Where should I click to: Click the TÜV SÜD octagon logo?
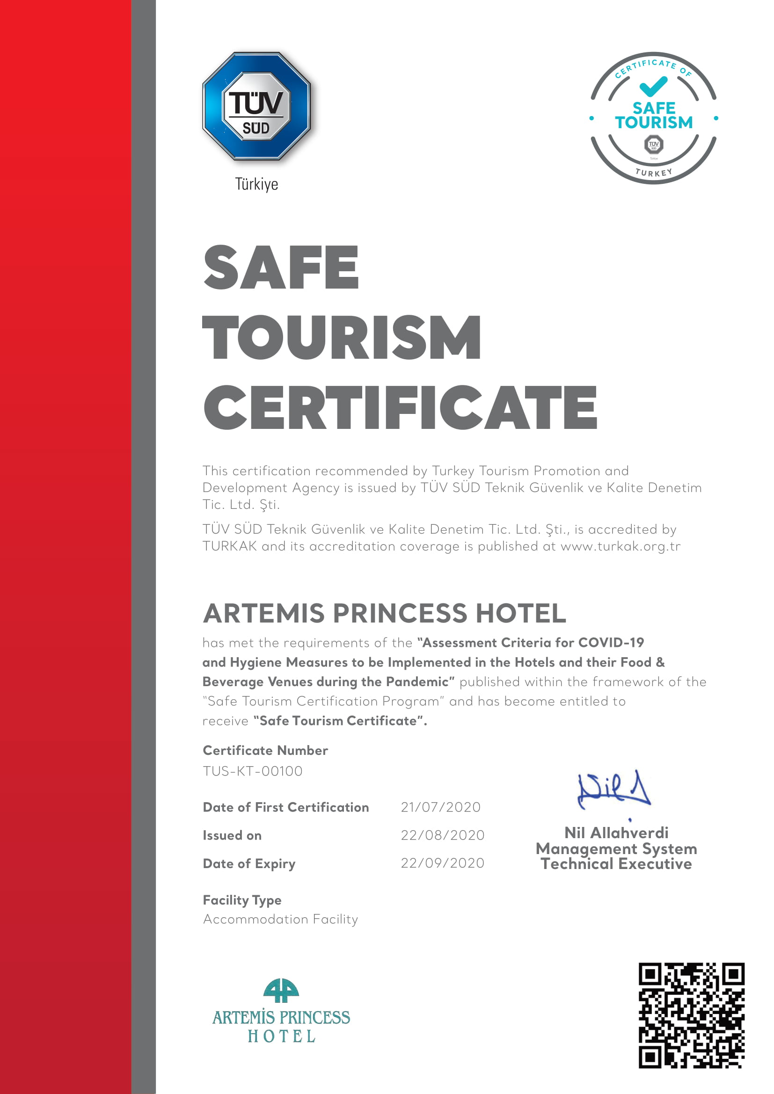[256, 106]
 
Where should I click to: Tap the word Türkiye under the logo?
[256, 184]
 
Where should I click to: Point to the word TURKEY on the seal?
[653, 173]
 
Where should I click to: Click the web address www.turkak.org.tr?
[620, 546]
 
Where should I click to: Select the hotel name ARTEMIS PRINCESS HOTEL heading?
[384, 613]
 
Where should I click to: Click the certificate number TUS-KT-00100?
[253, 771]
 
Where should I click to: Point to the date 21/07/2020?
[440, 807]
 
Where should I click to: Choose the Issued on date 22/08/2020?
[442, 835]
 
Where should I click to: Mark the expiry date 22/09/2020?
[442, 863]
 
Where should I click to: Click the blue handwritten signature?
[613, 791]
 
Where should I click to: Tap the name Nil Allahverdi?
[616, 833]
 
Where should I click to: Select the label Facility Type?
[242, 900]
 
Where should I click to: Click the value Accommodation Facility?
[280, 919]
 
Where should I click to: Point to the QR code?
[692, 1015]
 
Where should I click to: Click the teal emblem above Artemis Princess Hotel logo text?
[281, 991]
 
